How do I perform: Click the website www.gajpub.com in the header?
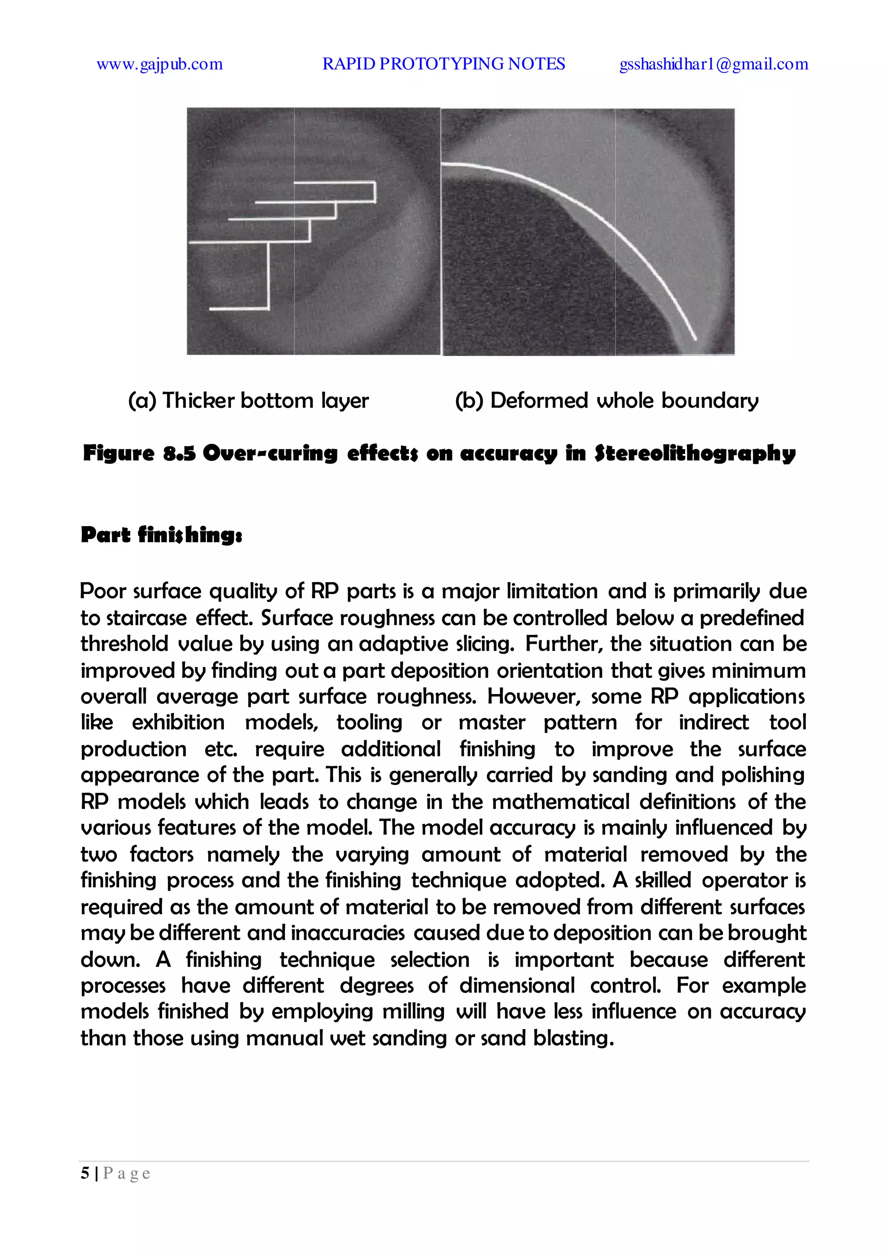(159, 64)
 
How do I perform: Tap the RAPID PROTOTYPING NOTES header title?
(443, 64)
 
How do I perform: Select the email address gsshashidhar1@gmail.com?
(713, 64)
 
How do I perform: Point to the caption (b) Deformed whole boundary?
(606, 401)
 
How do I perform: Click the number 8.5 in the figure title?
(179, 453)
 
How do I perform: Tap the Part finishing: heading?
(162, 534)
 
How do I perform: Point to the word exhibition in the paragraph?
(178, 723)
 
